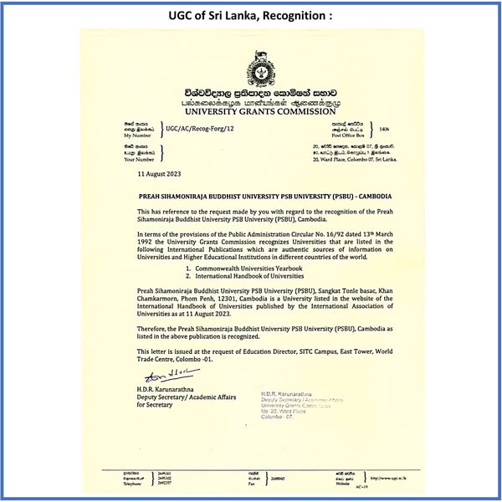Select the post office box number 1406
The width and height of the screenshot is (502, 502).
pos(384,130)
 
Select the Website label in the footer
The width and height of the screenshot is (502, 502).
pos(341,483)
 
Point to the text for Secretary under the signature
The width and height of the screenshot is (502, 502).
pos(156,406)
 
